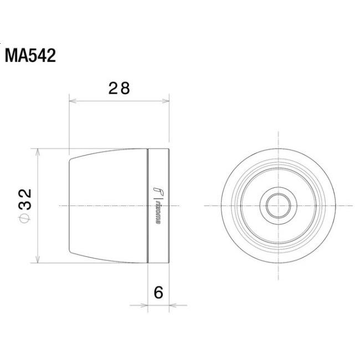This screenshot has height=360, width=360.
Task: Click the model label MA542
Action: pos(30,56)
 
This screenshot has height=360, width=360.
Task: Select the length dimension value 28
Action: pos(119,88)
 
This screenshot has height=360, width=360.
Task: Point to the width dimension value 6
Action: pos(158,292)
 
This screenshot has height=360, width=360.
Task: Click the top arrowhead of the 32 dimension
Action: pos(38,151)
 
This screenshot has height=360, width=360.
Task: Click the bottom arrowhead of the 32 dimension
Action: pos(38,260)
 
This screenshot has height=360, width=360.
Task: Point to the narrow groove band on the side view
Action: pos(151,205)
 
